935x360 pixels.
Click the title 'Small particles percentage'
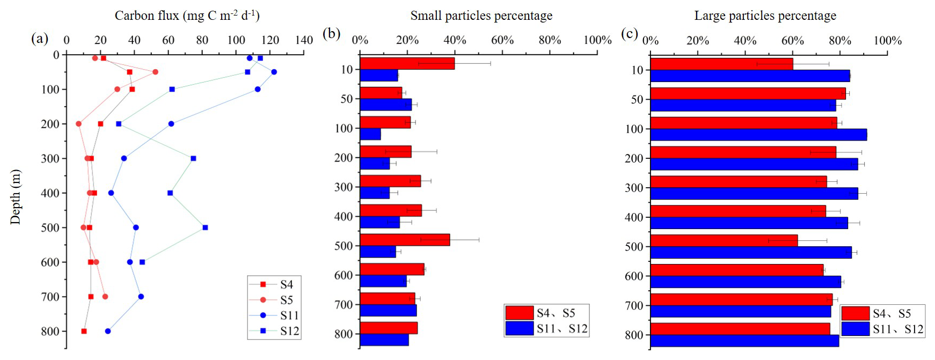coord(481,16)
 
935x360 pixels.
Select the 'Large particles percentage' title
coord(765,16)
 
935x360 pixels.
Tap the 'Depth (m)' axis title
coord(15,196)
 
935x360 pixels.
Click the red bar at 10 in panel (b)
coord(407,63)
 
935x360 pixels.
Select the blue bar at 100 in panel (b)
coord(370,134)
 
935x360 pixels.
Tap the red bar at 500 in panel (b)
coord(405,240)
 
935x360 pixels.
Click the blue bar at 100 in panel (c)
coord(758,135)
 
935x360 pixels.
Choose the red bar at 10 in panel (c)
coord(721,64)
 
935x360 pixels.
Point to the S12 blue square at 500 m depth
coord(205,227)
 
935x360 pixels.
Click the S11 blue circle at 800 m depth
coord(108,331)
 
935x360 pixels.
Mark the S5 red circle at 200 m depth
coord(79,124)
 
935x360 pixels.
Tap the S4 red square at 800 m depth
coord(84,331)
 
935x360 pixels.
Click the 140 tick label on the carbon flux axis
coord(304,40)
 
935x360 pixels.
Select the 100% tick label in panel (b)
coord(597,40)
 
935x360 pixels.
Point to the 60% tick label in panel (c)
coord(792,41)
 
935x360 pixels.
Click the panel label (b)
coord(331,34)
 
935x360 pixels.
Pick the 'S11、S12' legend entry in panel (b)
coord(562,328)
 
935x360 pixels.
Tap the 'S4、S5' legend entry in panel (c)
coord(892,313)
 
